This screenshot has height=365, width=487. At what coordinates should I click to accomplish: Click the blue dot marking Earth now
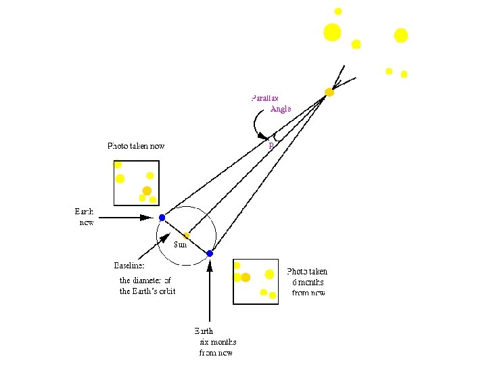162,218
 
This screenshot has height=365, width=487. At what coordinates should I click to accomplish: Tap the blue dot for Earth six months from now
210,253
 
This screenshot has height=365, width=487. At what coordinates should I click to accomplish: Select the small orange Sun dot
187,235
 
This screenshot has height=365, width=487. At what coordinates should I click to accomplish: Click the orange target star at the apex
329,92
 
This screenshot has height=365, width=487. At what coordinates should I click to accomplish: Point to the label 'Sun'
181,245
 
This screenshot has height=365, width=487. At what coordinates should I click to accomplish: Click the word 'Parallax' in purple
264,98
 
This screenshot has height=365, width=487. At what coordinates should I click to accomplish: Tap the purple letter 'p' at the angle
271,145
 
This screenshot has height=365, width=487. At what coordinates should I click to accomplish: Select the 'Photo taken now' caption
136,146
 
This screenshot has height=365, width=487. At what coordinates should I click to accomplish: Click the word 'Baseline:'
129,265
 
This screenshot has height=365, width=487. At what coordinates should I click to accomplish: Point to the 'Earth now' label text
85,216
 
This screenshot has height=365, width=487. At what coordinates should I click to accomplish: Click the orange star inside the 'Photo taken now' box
147,190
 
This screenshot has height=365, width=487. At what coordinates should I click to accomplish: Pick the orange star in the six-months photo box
246,277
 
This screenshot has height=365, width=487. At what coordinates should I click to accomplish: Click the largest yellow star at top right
332,32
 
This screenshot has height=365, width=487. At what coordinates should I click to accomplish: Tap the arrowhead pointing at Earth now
147,218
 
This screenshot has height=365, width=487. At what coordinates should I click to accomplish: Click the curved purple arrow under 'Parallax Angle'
256,124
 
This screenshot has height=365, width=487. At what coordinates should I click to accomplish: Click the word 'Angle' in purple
280,109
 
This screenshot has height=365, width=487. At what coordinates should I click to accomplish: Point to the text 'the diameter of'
145,280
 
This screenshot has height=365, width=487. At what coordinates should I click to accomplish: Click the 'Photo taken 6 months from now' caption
308,282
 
